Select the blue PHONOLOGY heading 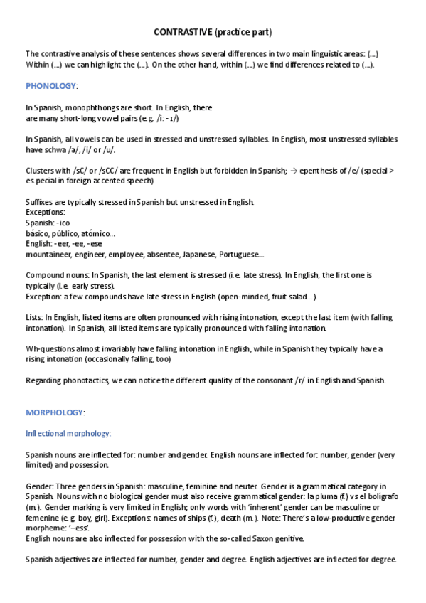coord(50,86)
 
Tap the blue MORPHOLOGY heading coord(55,412)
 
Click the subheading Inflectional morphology coord(68,433)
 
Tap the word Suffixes coord(41,202)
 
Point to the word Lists coord(35,318)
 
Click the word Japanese coord(199,254)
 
